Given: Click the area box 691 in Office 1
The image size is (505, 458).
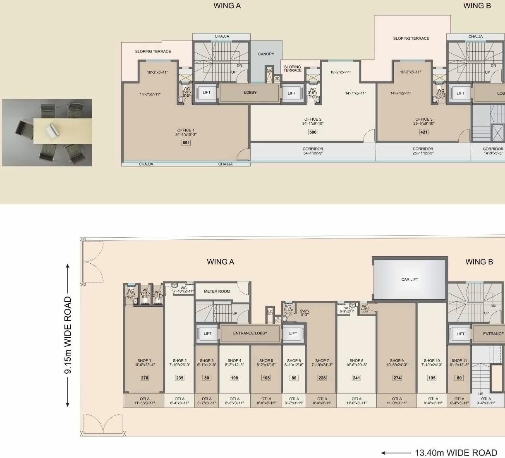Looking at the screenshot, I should (186, 143).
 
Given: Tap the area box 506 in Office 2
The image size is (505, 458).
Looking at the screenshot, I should (313, 132).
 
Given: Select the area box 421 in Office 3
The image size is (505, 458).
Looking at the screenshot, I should (424, 132).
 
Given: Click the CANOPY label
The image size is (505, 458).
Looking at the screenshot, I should (266, 54).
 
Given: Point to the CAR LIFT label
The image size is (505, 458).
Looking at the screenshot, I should (409, 279).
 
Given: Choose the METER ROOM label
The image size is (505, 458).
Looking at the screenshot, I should (217, 291).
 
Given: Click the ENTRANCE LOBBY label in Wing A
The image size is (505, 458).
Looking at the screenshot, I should (250, 333).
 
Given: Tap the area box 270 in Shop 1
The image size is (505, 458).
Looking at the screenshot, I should (144, 377).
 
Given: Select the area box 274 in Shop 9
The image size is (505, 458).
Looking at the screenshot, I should (397, 377).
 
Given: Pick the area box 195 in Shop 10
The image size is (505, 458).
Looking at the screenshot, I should (432, 377).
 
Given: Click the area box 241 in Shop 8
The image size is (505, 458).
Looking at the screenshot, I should (357, 377).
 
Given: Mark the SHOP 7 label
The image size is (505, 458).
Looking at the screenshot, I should (322, 360).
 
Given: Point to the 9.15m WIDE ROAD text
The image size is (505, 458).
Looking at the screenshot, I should (68, 335).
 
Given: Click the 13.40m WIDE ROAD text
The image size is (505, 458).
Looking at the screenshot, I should (456, 453).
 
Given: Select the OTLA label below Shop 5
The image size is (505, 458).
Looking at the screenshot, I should (266, 399).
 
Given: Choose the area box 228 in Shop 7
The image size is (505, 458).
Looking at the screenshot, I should (322, 377).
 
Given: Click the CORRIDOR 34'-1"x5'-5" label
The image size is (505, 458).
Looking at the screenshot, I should (313, 151).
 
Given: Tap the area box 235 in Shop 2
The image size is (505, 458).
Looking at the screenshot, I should (180, 377).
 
